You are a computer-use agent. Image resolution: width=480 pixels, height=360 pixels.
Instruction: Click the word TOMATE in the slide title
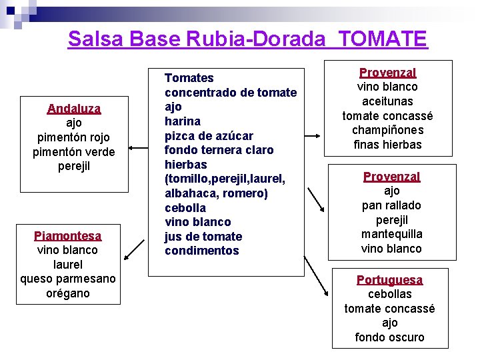383,39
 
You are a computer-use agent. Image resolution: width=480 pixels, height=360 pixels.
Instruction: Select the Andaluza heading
74,109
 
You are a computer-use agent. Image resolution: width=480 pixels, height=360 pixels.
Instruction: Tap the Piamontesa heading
68,236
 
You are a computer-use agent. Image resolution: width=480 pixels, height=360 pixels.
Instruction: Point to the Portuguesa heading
389,280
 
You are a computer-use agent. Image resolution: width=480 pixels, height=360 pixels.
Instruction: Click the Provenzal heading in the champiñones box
387,73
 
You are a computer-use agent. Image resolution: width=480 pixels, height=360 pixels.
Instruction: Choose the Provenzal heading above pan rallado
391,177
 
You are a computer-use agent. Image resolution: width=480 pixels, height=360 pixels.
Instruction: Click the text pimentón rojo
73,137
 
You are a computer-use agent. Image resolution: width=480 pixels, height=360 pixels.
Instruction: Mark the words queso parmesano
68,279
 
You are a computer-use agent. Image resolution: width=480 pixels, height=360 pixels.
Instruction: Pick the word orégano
68,293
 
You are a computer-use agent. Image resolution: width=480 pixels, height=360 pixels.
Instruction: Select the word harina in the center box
183,121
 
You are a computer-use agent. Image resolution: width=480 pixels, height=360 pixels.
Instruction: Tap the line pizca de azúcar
209,136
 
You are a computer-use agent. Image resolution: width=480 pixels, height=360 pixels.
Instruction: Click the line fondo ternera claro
219,150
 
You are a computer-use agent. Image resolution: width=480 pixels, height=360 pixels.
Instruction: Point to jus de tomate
203,237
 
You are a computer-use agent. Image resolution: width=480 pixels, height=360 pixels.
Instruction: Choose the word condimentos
201,251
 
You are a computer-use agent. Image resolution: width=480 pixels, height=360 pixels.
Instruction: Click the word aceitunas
387,101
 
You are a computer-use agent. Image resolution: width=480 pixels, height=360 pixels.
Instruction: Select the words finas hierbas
387,145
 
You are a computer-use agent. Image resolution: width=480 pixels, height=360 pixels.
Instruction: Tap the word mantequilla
391,234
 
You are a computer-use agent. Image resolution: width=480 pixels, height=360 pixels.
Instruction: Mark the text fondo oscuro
389,337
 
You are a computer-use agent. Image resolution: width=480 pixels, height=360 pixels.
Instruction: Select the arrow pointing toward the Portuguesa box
315,275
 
